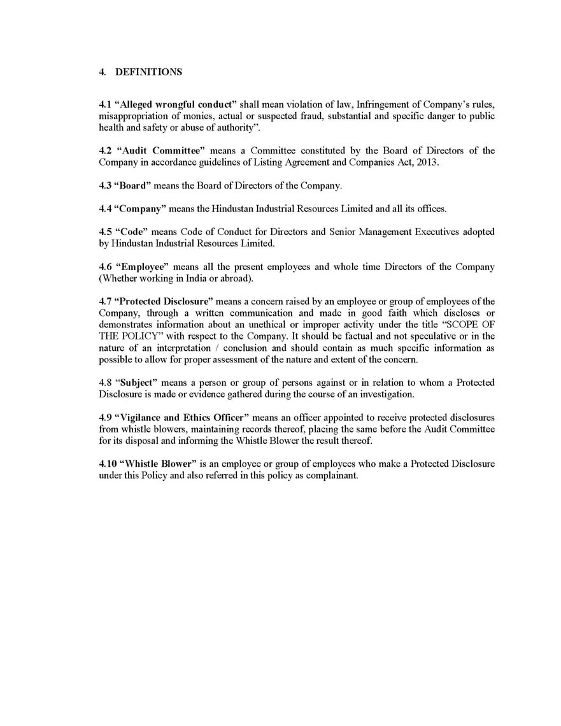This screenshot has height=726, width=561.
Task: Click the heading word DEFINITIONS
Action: coord(148,72)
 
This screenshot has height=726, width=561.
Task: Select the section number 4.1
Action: coord(105,104)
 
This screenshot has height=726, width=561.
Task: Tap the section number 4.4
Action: coord(105,209)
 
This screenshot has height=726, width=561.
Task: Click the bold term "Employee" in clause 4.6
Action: coord(141,267)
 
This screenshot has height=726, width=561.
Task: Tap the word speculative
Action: coord(422,336)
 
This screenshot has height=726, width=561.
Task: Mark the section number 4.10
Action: coord(107,464)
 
